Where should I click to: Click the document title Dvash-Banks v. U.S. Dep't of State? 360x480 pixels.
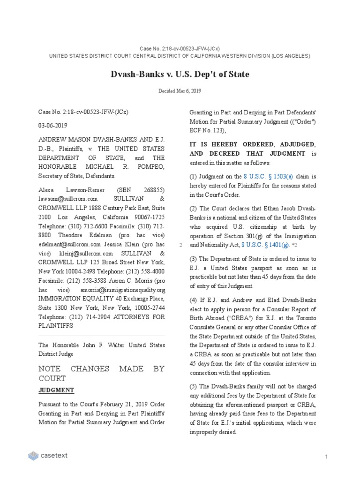tap(180, 74)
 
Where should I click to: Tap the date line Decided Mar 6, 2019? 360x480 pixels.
tap(180, 91)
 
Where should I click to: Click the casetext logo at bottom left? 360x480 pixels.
tap(47, 455)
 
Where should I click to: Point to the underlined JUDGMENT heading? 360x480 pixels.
tap(56, 390)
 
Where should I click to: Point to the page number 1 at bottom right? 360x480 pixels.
tap(325, 456)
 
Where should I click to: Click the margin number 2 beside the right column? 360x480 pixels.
tap(180, 245)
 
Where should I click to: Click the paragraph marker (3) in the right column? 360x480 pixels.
tap(193, 259)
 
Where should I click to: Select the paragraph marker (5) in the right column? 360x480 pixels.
tap(193, 386)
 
